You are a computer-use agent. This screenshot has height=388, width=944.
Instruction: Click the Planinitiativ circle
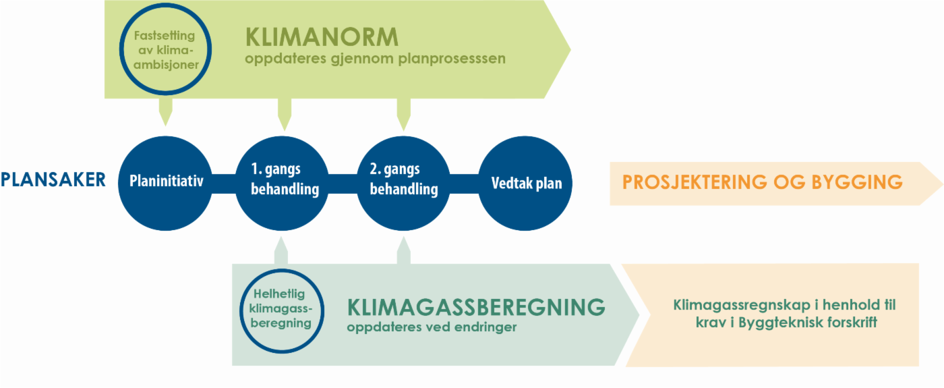tap(166, 183)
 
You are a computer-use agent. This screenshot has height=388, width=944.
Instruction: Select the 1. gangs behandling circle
tap(285, 183)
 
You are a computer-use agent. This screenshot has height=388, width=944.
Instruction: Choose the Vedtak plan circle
tap(526, 183)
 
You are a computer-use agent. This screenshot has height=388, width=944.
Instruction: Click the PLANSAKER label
tap(53, 179)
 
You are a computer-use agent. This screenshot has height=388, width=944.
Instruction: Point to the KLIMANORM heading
tap(322, 36)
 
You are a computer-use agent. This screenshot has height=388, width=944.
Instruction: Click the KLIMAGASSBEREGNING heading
tap(476, 307)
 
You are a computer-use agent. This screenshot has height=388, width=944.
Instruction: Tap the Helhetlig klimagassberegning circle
tap(282, 308)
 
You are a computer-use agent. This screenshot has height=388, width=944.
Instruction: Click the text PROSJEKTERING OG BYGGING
tap(762, 182)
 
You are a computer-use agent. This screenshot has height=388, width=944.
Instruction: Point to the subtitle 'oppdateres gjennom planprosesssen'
tap(375, 59)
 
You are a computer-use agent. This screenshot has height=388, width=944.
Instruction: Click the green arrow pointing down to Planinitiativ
tap(165, 111)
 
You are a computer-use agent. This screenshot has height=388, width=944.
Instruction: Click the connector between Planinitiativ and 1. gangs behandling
tap(226, 183)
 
